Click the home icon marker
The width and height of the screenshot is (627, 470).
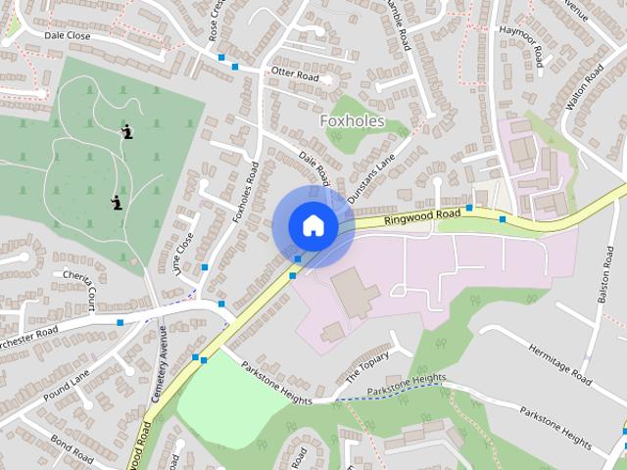[313, 225]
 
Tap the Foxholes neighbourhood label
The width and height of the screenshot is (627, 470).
[353, 121]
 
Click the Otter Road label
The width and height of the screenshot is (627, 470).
[296, 73]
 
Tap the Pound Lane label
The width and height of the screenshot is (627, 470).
[68, 377]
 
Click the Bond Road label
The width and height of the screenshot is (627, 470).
[71, 449]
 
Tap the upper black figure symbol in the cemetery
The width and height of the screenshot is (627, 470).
[126, 130]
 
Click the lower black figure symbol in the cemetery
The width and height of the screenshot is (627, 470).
[117, 203]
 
